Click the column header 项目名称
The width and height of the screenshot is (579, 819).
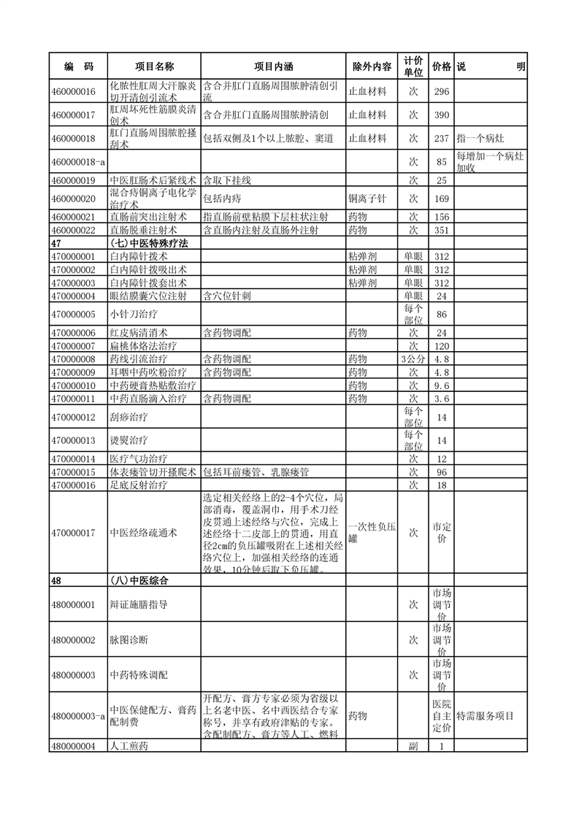point(154,66)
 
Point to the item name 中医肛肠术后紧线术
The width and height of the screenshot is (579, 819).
point(153,180)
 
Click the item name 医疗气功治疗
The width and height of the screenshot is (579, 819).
point(139,458)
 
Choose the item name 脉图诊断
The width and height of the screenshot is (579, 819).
point(129,639)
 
